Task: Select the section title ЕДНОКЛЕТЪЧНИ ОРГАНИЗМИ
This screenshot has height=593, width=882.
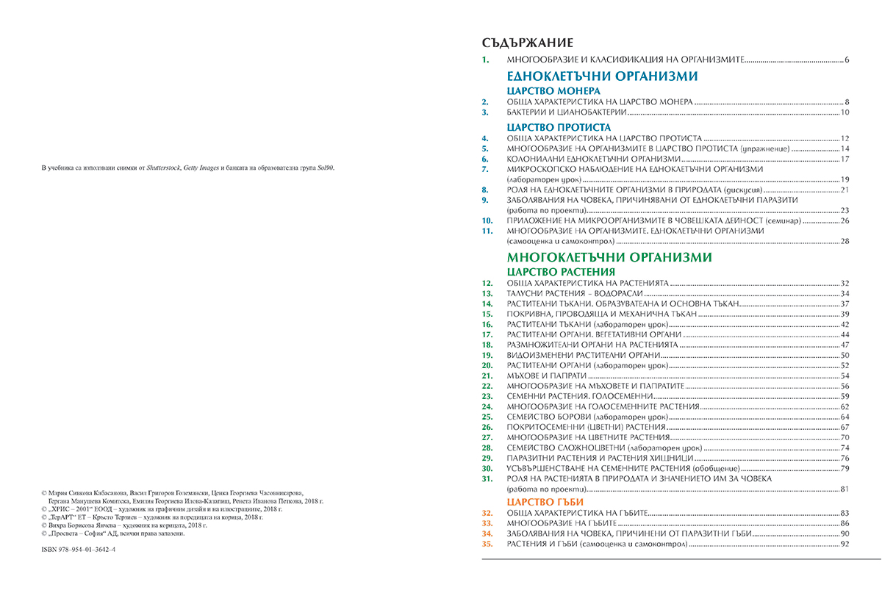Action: (602, 76)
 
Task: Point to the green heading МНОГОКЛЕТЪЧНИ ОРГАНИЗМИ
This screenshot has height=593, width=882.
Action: (609, 257)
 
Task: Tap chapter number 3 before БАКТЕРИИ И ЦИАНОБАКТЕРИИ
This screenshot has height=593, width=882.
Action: (485, 112)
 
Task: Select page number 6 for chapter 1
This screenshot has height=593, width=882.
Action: (847, 59)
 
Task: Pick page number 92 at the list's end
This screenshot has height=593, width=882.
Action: (845, 544)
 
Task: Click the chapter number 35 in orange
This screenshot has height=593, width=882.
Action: (485, 544)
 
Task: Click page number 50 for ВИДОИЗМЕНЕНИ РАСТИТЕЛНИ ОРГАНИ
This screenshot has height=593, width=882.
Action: (845, 355)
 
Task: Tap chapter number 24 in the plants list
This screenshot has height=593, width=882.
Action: (485, 406)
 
